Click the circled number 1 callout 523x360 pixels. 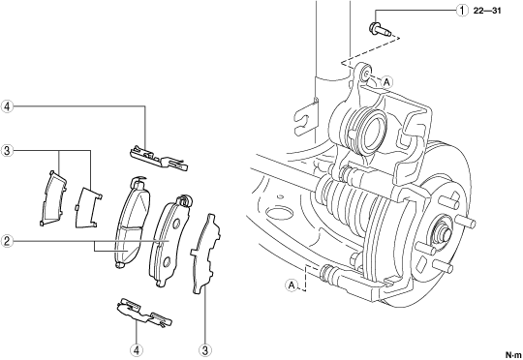pos(462,11)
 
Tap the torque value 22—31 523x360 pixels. pos(487,11)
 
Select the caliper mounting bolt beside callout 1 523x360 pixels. pos(380,29)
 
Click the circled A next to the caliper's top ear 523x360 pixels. pos(386,81)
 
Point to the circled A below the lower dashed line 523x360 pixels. pos(292,285)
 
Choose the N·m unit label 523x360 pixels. pos(513,354)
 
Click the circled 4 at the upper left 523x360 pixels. pos(7,106)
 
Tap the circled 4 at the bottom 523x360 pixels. pos(137,350)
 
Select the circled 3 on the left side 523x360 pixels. pos(7,151)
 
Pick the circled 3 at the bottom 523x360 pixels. pos(204,350)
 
